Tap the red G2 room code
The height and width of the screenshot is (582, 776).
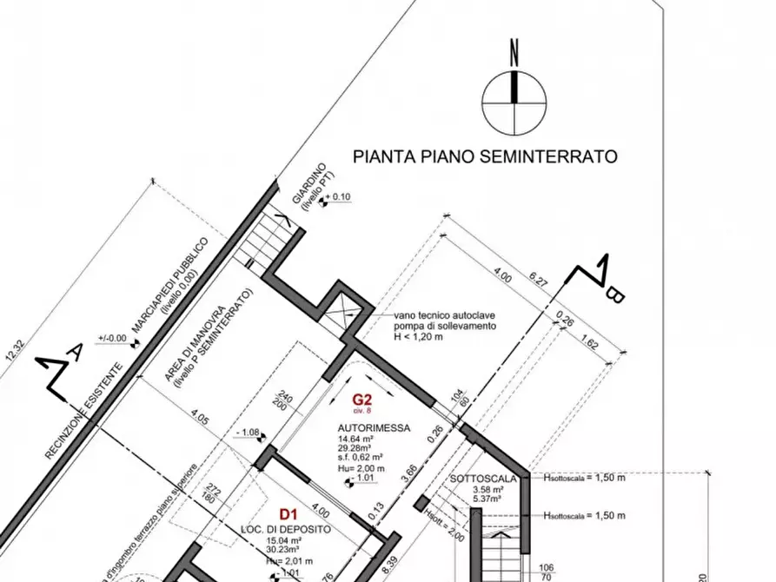point(362,400)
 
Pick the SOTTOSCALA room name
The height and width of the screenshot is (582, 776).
point(484,479)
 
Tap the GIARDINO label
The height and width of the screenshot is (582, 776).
point(308,183)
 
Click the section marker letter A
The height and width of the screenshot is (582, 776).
point(76,351)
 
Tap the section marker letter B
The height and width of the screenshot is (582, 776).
point(614,295)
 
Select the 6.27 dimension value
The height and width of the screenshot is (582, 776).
point(539,281)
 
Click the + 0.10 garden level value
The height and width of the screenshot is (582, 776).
point(338,197)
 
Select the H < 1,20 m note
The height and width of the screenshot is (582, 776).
point(418,335)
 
